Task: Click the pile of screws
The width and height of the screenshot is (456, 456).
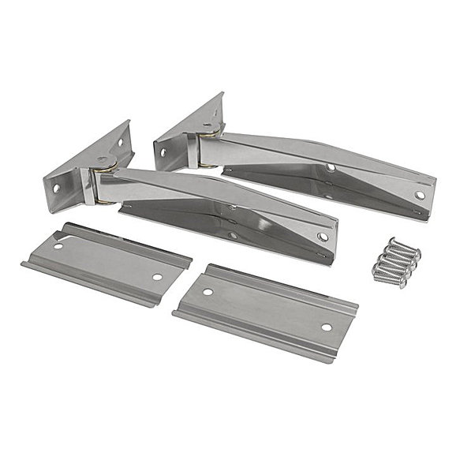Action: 396,263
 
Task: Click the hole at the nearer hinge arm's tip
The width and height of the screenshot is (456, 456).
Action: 323,237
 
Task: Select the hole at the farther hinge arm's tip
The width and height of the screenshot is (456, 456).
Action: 420,195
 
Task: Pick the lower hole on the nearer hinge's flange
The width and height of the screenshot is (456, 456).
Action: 57,188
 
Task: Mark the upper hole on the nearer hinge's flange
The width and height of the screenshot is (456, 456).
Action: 120,143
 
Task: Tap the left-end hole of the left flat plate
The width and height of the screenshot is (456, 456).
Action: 58,246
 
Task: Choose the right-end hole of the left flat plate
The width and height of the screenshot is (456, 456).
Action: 158,277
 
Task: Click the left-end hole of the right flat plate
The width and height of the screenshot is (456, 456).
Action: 207,292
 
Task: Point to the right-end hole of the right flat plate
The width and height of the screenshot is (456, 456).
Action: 326,327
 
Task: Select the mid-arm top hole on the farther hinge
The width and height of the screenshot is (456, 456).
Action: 331,167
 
